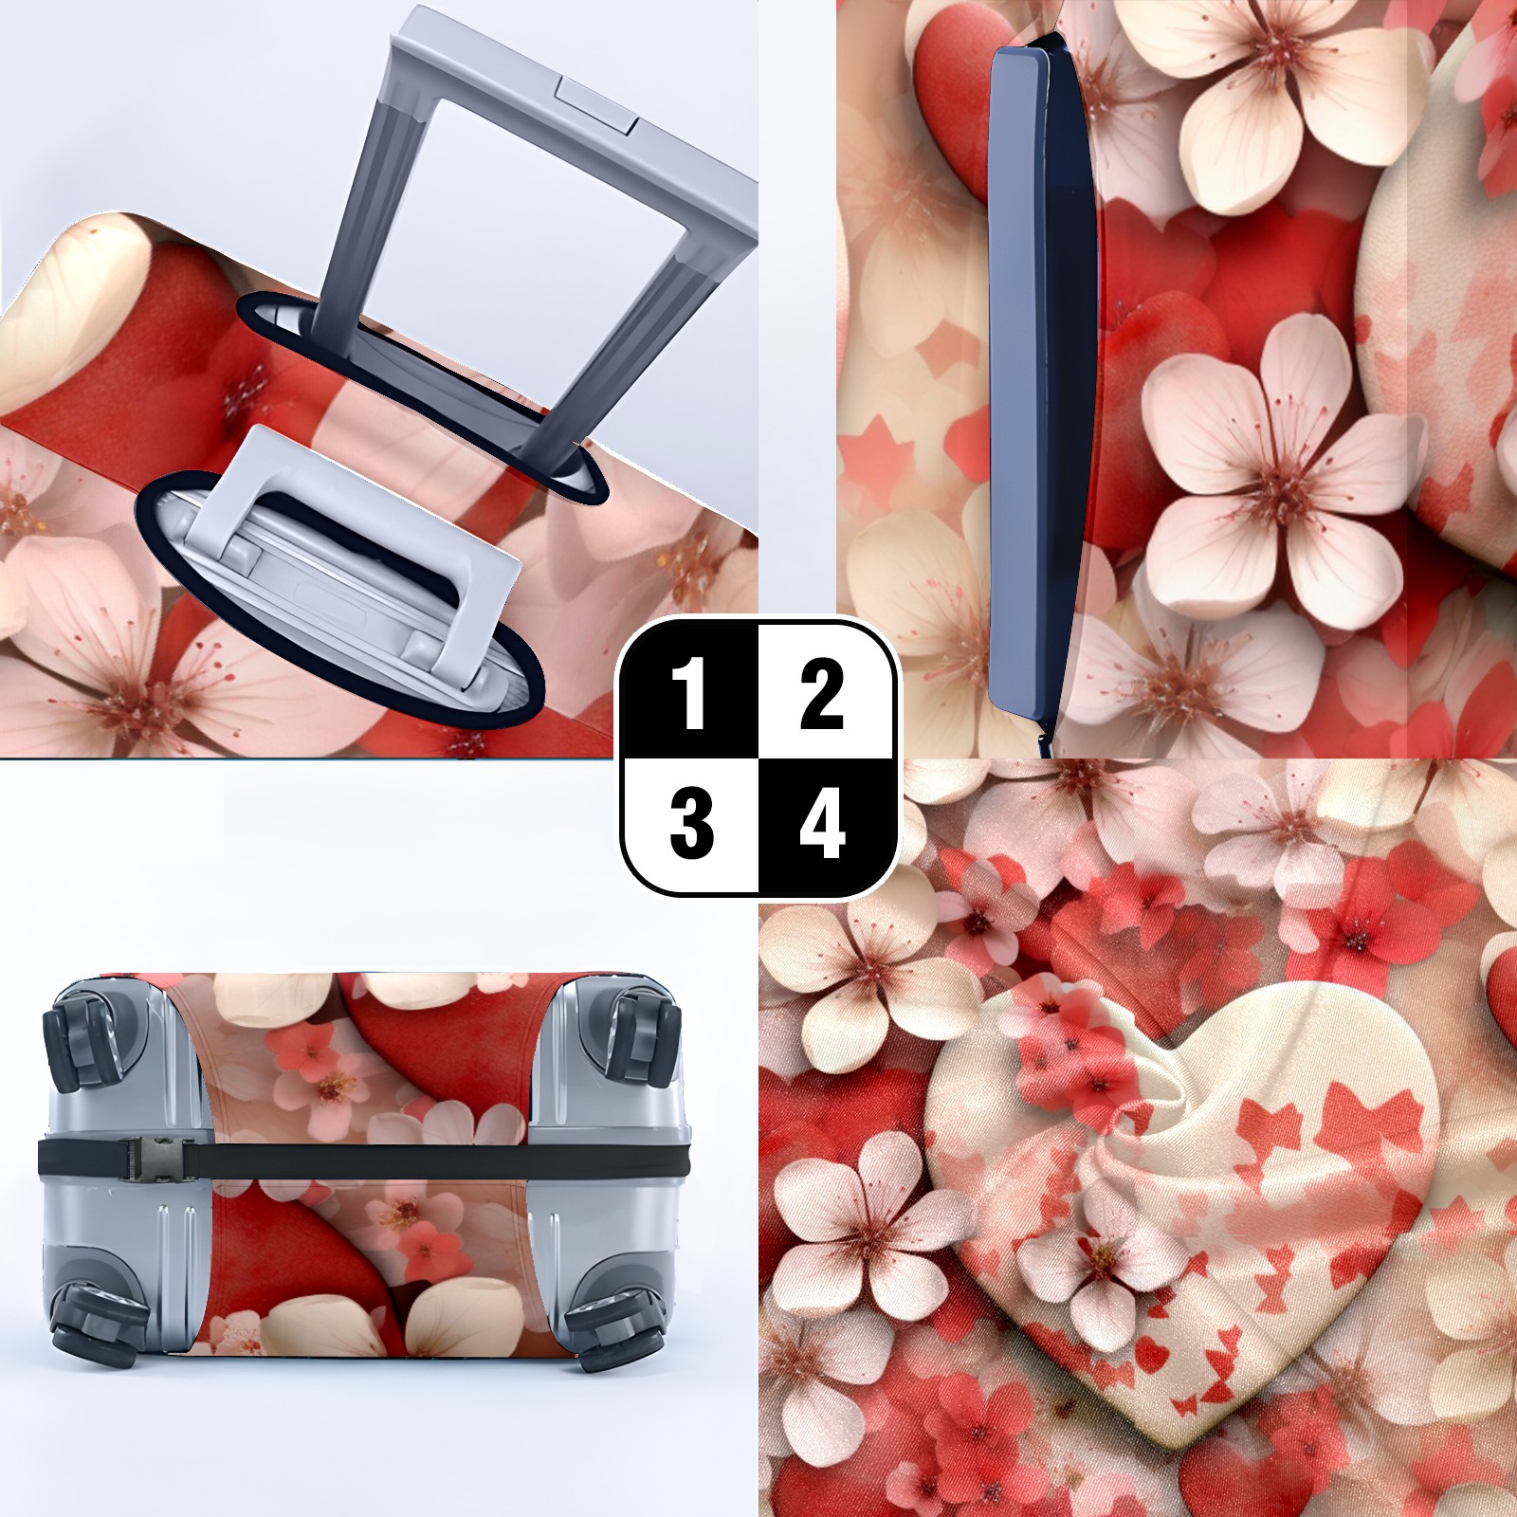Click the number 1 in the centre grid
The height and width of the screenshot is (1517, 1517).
pos(690,694)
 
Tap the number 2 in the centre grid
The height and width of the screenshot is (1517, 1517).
pos(821,694)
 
